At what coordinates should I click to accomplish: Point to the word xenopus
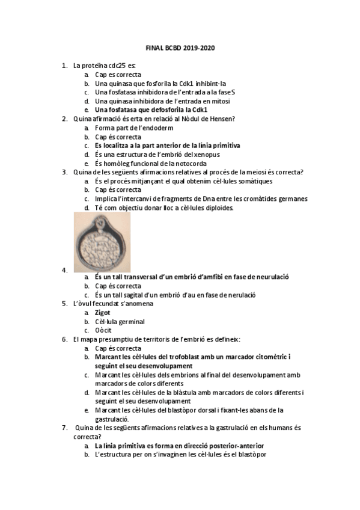click(208, 155)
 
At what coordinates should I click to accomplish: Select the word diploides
click(213, 208)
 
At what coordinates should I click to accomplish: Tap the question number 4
click(64, 271)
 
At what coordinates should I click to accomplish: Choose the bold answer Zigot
click(103, 313)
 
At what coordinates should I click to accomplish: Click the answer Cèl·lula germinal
click(120, 322)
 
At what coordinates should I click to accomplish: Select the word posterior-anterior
click(236, 446)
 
